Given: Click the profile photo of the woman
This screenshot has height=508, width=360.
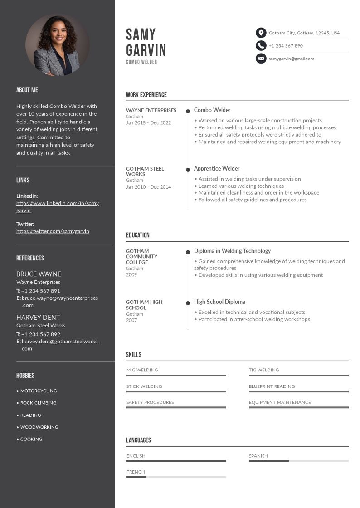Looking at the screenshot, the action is tap(57, 45).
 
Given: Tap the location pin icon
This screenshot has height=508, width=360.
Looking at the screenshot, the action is tap(261, 33).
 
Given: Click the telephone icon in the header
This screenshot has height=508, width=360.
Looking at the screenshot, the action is tap(261, 45).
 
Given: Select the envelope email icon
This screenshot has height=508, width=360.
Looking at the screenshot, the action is tap(261, 58).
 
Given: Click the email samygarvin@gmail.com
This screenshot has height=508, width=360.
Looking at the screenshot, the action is tap(291, 59).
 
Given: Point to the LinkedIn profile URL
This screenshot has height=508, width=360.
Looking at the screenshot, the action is tap(58, 207).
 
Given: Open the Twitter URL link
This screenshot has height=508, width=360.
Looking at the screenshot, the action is tap(53, 231).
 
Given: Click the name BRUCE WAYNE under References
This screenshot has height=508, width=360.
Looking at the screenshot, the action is tap(39, 274).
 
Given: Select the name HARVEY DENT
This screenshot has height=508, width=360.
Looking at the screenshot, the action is tap(38, 317).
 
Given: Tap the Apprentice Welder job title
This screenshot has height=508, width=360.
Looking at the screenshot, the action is tap(217, 168).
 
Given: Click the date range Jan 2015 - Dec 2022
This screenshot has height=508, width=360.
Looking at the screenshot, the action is tap(148, 122).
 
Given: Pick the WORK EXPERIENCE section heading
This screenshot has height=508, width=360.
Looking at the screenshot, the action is tap(146, 95).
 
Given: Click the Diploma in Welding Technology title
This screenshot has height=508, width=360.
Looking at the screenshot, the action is tap(232, 251).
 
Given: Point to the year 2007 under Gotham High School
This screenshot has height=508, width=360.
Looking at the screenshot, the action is tap(131, 320).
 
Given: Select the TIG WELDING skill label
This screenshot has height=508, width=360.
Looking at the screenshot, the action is tap(264, 370).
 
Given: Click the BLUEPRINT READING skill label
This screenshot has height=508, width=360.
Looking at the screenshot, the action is tap(272, 386).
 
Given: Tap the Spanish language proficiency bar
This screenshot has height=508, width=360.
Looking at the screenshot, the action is tap(298, 461).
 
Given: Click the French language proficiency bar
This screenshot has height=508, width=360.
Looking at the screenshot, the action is tap(176, 477).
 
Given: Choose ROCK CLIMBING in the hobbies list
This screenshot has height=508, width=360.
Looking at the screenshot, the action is tap(38, 403).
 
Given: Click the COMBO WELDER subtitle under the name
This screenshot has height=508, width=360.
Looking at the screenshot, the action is tap(141, 62).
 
